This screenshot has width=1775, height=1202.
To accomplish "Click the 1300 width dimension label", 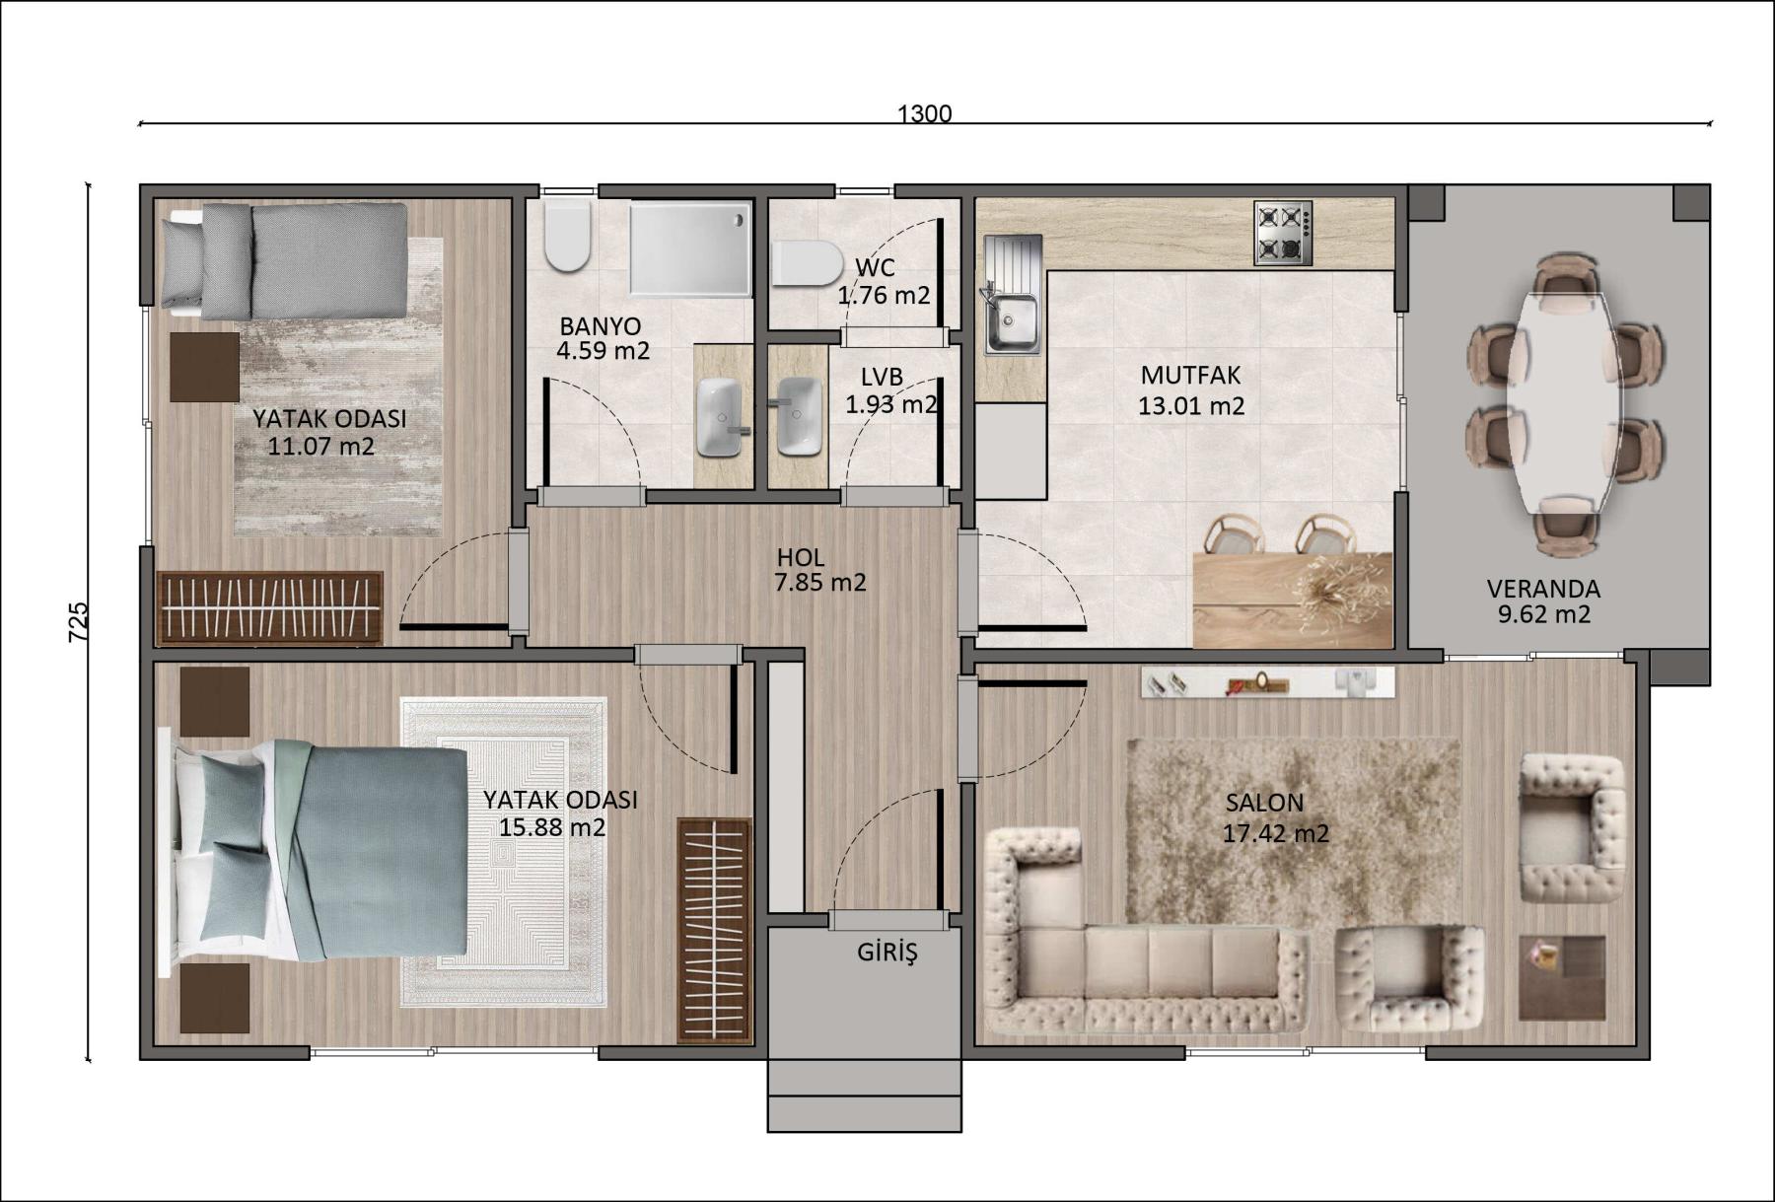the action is tap(924, 113).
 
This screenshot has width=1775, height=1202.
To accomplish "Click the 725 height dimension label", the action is tap(79, 622).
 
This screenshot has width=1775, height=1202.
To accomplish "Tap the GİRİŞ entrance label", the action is tap(887, 953).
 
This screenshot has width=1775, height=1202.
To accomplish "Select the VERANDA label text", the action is tap(1543, 589).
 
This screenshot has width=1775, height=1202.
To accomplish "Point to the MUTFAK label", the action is tap(1190, 376).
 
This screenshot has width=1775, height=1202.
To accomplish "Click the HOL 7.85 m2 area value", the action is tap(820, 583).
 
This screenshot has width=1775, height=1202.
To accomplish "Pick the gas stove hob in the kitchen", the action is tap(1283, 234).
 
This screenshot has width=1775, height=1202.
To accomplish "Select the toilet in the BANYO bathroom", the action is tap(567, 235).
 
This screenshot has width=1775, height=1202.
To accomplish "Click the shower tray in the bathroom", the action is tap(690, 249).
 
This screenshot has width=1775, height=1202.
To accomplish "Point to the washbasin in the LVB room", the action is tap(798, 417).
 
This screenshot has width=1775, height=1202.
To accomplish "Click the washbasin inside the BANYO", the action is tap(719, 418).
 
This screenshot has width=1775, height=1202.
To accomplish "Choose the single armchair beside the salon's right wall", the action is tap(1572, 828).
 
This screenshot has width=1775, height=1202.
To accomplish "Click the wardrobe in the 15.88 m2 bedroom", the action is tap(714, 930).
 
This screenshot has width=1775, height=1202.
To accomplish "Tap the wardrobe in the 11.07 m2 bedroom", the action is tap(270, 607).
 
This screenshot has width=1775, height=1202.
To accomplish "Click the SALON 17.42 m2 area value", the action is tap(1276, 834).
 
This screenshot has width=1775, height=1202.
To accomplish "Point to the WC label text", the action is tap(876, 268).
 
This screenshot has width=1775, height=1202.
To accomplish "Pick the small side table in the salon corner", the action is tap(1562, 977).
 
